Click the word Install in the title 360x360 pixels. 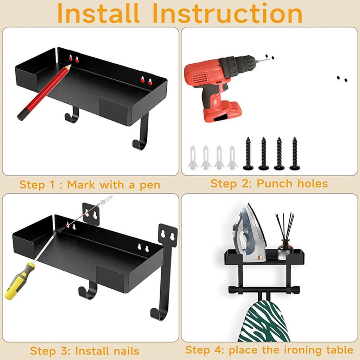98,13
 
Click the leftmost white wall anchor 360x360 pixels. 193,157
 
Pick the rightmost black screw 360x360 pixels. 295,153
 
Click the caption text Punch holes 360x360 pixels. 292,184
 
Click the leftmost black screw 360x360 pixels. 248,153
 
